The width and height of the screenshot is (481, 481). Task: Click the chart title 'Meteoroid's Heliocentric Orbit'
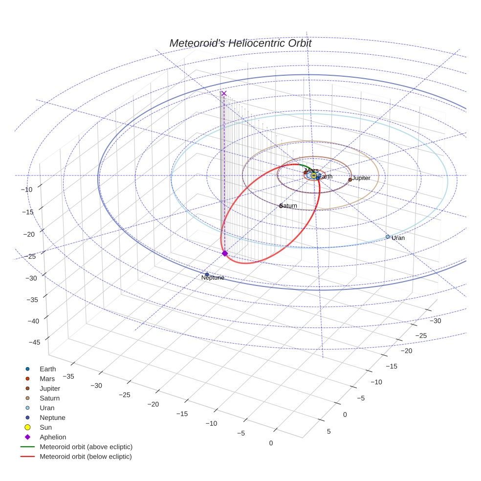tap(240, 43)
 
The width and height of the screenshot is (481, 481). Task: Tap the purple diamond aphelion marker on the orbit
tap(224, 253)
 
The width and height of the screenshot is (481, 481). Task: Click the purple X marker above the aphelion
tap(224, 93)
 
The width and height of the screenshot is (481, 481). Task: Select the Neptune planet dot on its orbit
tap(207, 274)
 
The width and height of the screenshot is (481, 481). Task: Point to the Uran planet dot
tap(388, 237)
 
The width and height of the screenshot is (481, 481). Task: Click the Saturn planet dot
tap(281, 206)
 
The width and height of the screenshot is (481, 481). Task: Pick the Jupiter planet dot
tap(350, 179)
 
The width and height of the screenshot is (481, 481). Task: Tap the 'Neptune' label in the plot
tap(213, 278)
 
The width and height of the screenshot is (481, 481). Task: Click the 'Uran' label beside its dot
tap(398, 238)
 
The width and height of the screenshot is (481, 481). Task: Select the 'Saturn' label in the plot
tap(289, 206)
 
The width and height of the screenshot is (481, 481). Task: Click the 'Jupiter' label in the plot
tap(361, 178)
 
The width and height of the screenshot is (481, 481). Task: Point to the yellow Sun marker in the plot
tap(314, 175)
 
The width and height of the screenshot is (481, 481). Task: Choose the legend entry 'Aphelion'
tap(53, 437)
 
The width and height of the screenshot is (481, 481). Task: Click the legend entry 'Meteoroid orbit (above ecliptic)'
tap(86, 447)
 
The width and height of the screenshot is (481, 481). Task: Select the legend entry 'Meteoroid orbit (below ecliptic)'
tap(86, 457)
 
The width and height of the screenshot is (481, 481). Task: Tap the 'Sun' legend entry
tap(45, 427)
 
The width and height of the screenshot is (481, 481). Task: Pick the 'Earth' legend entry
tap(48, 369)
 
